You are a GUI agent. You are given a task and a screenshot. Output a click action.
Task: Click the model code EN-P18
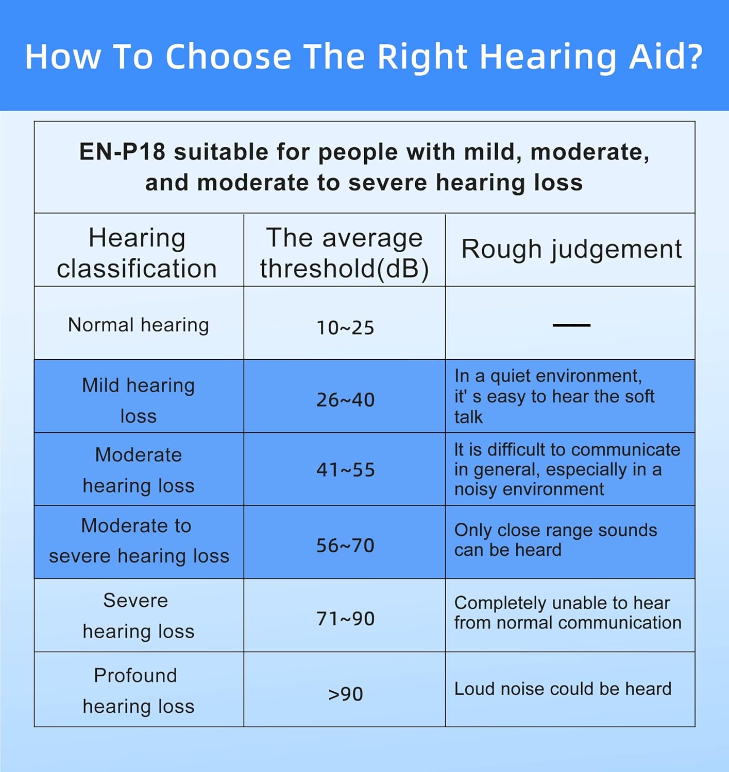point(122,152)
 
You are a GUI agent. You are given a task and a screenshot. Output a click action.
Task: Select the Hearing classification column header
point(137,253)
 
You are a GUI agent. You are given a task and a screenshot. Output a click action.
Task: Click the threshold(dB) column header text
point(344,268)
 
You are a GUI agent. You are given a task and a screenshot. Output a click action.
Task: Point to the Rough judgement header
point(571,250)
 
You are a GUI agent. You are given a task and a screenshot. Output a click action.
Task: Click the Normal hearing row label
point(139,325)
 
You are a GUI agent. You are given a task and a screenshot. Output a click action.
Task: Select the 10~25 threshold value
point(345,328)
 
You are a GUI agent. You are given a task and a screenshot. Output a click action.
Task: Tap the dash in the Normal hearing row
point(571,325)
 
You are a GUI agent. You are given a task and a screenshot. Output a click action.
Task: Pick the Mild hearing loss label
point(139,400)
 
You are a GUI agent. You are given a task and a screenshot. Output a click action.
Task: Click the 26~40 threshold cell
point(345,400)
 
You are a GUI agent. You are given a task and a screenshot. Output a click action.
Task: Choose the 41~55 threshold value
point(345,470)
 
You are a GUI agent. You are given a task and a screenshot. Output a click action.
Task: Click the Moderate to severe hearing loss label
point(139,541)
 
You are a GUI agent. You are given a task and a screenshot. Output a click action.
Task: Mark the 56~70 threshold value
point(345,546)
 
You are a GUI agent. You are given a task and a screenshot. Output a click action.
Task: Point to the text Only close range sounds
point(555,531)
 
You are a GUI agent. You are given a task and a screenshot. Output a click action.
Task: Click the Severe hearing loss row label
point(139,616)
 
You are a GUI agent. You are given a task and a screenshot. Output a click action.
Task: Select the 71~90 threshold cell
point(345,619)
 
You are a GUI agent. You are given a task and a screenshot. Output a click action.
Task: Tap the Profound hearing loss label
point(139,691)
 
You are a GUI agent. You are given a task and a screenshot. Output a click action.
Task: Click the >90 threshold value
point(345,694)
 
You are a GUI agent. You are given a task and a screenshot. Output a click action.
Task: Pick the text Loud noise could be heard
point(563,689)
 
